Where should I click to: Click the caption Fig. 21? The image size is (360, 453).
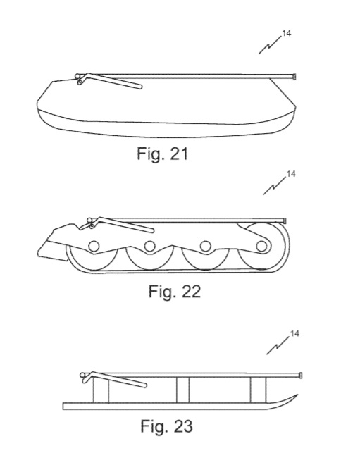[162, 154]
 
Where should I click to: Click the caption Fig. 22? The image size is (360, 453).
[175, 292]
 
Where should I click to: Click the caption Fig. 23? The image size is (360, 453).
[166, 426]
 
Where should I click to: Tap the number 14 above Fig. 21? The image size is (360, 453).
[286, 33]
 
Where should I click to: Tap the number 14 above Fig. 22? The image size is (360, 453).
[291, 174]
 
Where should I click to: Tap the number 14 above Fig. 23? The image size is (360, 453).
[294, 334]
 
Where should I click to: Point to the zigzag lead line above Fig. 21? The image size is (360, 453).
[270, 45]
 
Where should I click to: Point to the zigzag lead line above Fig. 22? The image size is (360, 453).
[275, 186]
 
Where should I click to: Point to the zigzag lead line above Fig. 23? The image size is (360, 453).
[278, 345]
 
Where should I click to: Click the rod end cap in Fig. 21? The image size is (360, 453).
[294, 77]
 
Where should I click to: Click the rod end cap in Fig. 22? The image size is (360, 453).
[285, 221]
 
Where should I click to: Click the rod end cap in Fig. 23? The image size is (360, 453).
[301, 376]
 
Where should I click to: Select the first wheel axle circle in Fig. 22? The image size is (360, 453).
[94, 246]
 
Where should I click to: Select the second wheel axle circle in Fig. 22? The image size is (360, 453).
[149, 246]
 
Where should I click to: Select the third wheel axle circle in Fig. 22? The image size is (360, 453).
[206, 246]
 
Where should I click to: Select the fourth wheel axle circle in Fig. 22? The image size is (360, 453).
[261, 246]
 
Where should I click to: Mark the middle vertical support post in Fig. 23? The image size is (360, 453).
[183, 390]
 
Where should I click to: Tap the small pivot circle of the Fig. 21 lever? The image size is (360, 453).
[80, 82]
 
